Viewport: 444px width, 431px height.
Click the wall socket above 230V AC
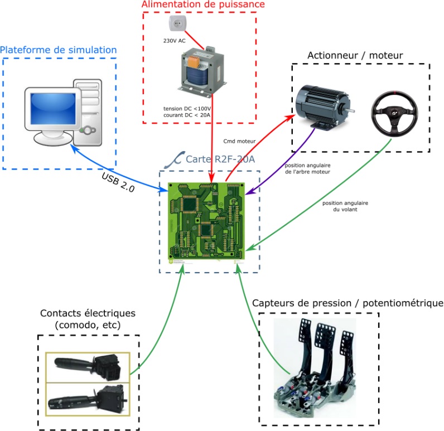coord(176,24)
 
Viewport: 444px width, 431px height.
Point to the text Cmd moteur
coord(239,141)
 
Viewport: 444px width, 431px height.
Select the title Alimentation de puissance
coord(202,5)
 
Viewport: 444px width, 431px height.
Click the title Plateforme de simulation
coord(59,50)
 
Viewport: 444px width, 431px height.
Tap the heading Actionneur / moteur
coord(355,56)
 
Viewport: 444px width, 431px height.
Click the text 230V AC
coord(174,40)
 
